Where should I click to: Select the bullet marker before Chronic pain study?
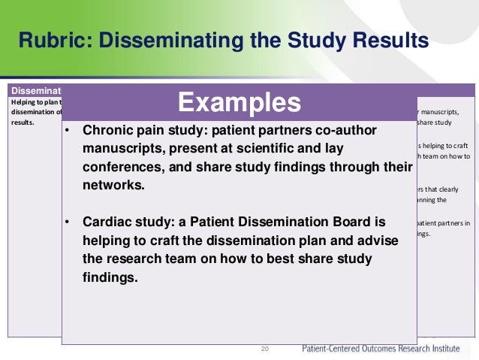[x=67, y=131]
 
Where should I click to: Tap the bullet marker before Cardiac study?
[x=67, y=223]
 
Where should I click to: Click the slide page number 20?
[x=264, y=349]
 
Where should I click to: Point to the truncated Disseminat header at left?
[x=35, y=90]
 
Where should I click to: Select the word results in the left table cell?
[x=22, y=120]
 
